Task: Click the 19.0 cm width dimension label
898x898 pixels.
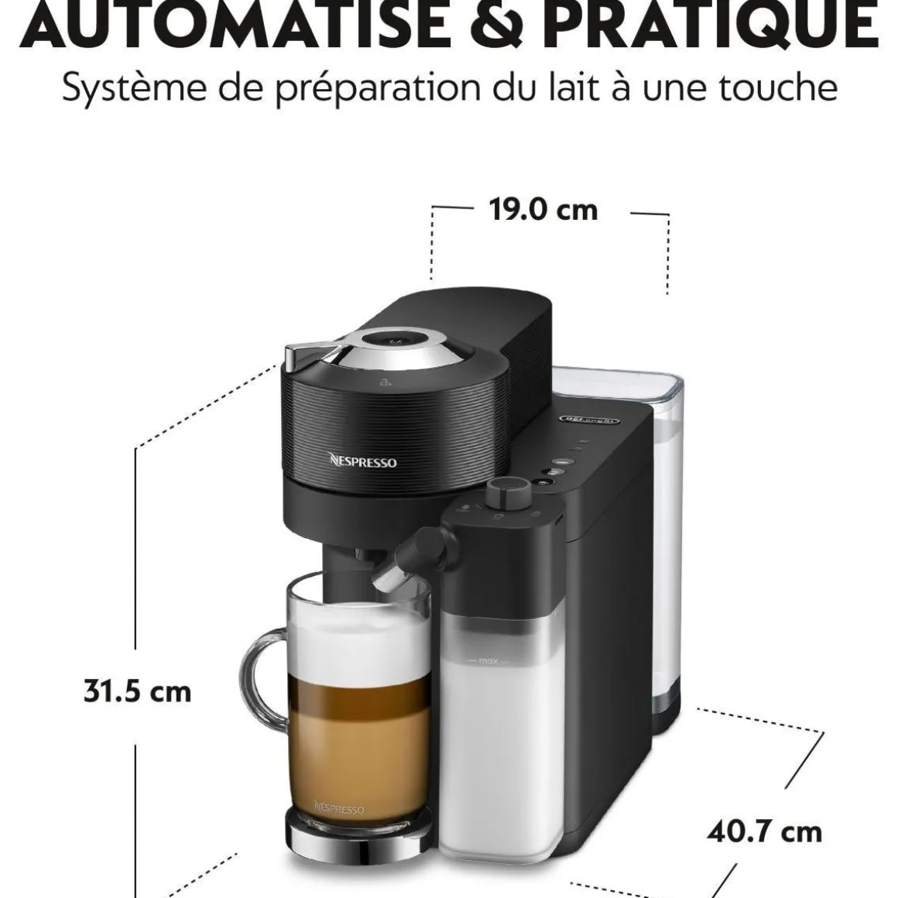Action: pos(543,210)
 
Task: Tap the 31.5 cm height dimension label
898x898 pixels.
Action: pos(137,691)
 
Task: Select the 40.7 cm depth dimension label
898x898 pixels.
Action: pos(764,832)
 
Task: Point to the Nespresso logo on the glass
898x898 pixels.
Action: pos(339,808)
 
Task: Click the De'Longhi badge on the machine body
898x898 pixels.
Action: pos(589,420)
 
